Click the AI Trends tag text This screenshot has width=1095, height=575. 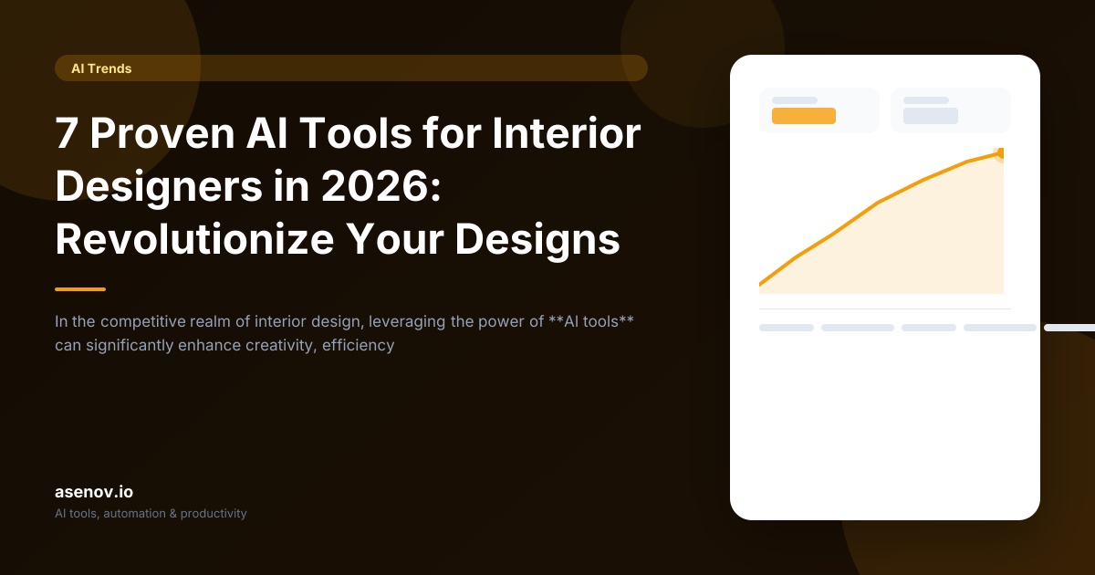tap(101, 68)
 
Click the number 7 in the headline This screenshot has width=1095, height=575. tap(67, 133)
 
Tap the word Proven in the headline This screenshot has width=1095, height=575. tap(162, 133)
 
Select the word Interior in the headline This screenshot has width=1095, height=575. tap(566, 133)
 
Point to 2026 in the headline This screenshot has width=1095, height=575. tap(375, 186)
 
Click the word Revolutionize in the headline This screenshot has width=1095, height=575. tap(194, 239)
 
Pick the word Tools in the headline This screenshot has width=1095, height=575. tap(356, 133)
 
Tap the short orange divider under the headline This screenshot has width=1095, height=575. tap(80, 289)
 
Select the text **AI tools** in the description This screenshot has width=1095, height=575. tap(591, 321)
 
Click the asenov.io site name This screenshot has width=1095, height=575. tap(94, 492)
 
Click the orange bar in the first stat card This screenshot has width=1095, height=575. tap(804, 116)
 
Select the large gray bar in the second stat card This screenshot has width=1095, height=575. tap(930, 116)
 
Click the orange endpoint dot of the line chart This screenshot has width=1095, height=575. tap(1000, 153)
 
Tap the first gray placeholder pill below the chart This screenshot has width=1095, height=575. tap(787, 328)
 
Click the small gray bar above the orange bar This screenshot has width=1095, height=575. tap(795, 100)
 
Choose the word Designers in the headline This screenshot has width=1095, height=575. tap(159, 186)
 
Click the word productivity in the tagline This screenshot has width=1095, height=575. tap(214, 514)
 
